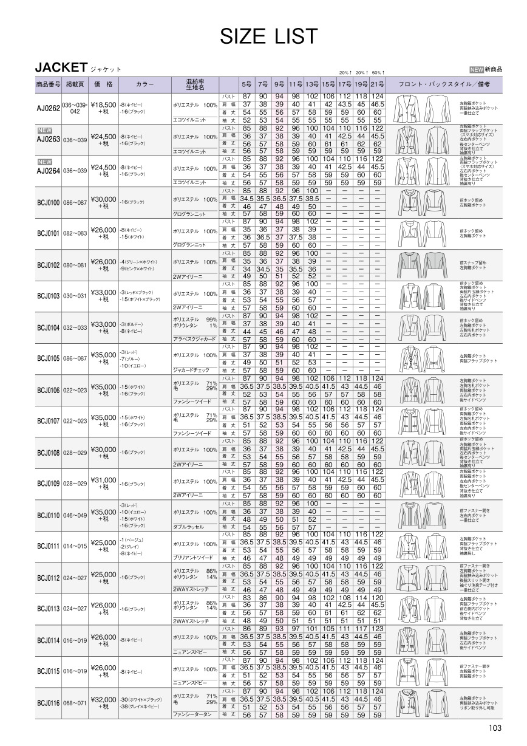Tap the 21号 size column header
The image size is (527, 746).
378,83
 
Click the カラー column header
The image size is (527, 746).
145,83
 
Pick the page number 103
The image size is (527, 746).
494,729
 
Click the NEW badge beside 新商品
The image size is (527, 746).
477,70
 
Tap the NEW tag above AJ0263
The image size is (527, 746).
45,130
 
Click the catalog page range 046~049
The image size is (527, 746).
75,516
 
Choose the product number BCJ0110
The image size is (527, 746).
49,516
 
